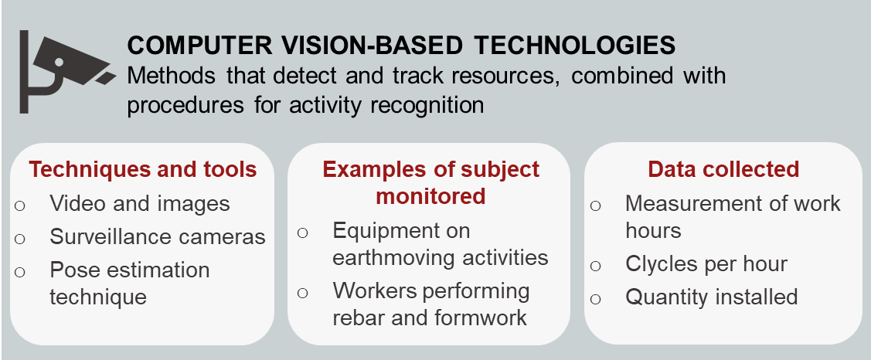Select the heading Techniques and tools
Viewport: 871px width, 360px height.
tap(143, 169)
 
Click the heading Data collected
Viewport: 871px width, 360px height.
tap(723, 169)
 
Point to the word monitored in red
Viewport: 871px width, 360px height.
tap(430, 196)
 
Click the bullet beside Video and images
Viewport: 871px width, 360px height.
tap(20, 205)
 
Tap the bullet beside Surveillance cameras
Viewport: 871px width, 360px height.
tap(20, 239)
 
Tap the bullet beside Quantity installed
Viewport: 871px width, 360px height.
tap(595, 300)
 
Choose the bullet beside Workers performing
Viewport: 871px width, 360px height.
tap(303, 292)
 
